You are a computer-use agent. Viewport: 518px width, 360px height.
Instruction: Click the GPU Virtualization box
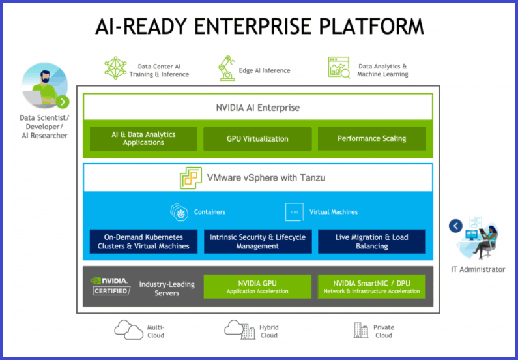click(257, 138)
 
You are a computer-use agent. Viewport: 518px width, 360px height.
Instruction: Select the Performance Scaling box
click(371, 138)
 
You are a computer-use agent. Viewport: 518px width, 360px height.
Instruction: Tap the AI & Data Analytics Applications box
click(143, 138)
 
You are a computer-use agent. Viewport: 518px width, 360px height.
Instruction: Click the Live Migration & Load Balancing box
click(371, 242)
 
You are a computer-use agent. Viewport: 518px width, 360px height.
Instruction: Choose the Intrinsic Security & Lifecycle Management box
click(257, 242)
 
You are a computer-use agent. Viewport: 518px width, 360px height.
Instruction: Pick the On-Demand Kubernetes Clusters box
click(143, 242)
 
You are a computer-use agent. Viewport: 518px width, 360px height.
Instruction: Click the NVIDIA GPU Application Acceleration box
click(257, 286)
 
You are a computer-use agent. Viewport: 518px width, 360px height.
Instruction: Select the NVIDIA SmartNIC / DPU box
click(371, 286)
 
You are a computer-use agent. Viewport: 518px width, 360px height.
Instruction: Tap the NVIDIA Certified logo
click(110, 286)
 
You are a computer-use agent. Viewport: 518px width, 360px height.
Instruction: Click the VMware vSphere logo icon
click(191, 178)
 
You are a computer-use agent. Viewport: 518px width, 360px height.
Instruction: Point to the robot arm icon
click(227, 68)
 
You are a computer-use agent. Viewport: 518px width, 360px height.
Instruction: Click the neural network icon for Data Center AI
click(115, 68)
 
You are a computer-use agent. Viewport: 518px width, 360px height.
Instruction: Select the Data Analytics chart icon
click(339, 67)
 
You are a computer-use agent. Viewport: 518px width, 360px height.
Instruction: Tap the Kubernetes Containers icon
click(179, 212)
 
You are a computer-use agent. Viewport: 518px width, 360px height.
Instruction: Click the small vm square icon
click(294, 212)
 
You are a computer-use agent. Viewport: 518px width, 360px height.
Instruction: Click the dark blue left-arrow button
click(455, 226)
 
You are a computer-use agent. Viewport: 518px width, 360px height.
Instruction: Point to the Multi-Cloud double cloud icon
click(129, 329)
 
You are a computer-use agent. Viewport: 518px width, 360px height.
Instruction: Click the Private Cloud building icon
click(361, 330)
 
